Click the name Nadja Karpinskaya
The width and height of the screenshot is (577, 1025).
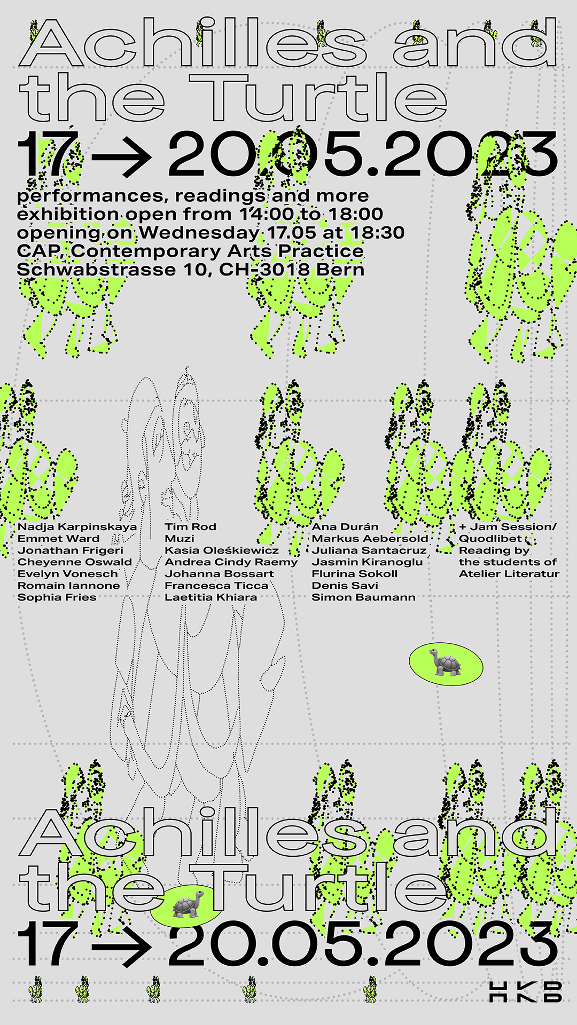click(77, 527)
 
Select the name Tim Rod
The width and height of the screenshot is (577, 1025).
click(190, 527)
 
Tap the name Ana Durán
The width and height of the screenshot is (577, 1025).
click(345, 527)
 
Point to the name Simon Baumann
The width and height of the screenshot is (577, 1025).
click(363, 597)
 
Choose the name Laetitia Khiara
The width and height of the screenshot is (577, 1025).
click(210, 597)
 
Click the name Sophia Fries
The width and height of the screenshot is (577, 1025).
click(57, 597)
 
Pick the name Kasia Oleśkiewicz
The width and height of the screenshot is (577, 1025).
click(221, 550)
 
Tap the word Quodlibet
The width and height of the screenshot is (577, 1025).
click(490, 539)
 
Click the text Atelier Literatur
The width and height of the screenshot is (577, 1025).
click(509, 574)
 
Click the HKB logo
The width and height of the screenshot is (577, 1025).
click(526, 991)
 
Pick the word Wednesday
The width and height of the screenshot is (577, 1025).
click(199, 233)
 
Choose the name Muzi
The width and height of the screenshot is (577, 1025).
click(179, 539)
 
